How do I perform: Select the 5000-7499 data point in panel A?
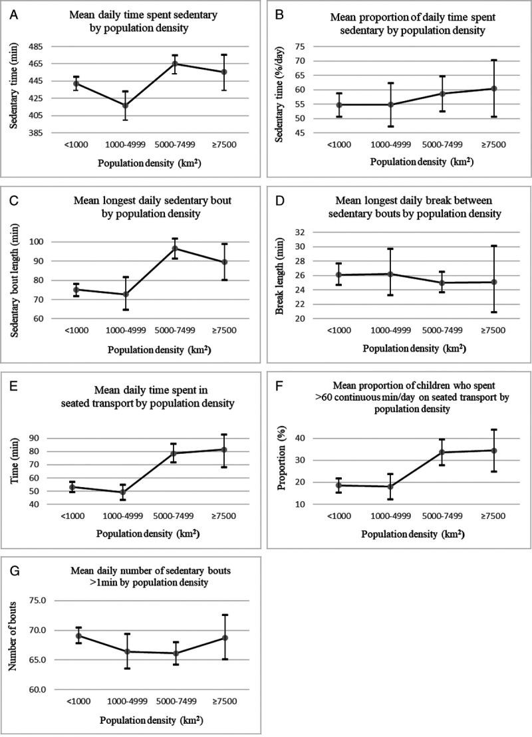(175, 64)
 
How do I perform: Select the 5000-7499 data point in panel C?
(175, 249)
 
